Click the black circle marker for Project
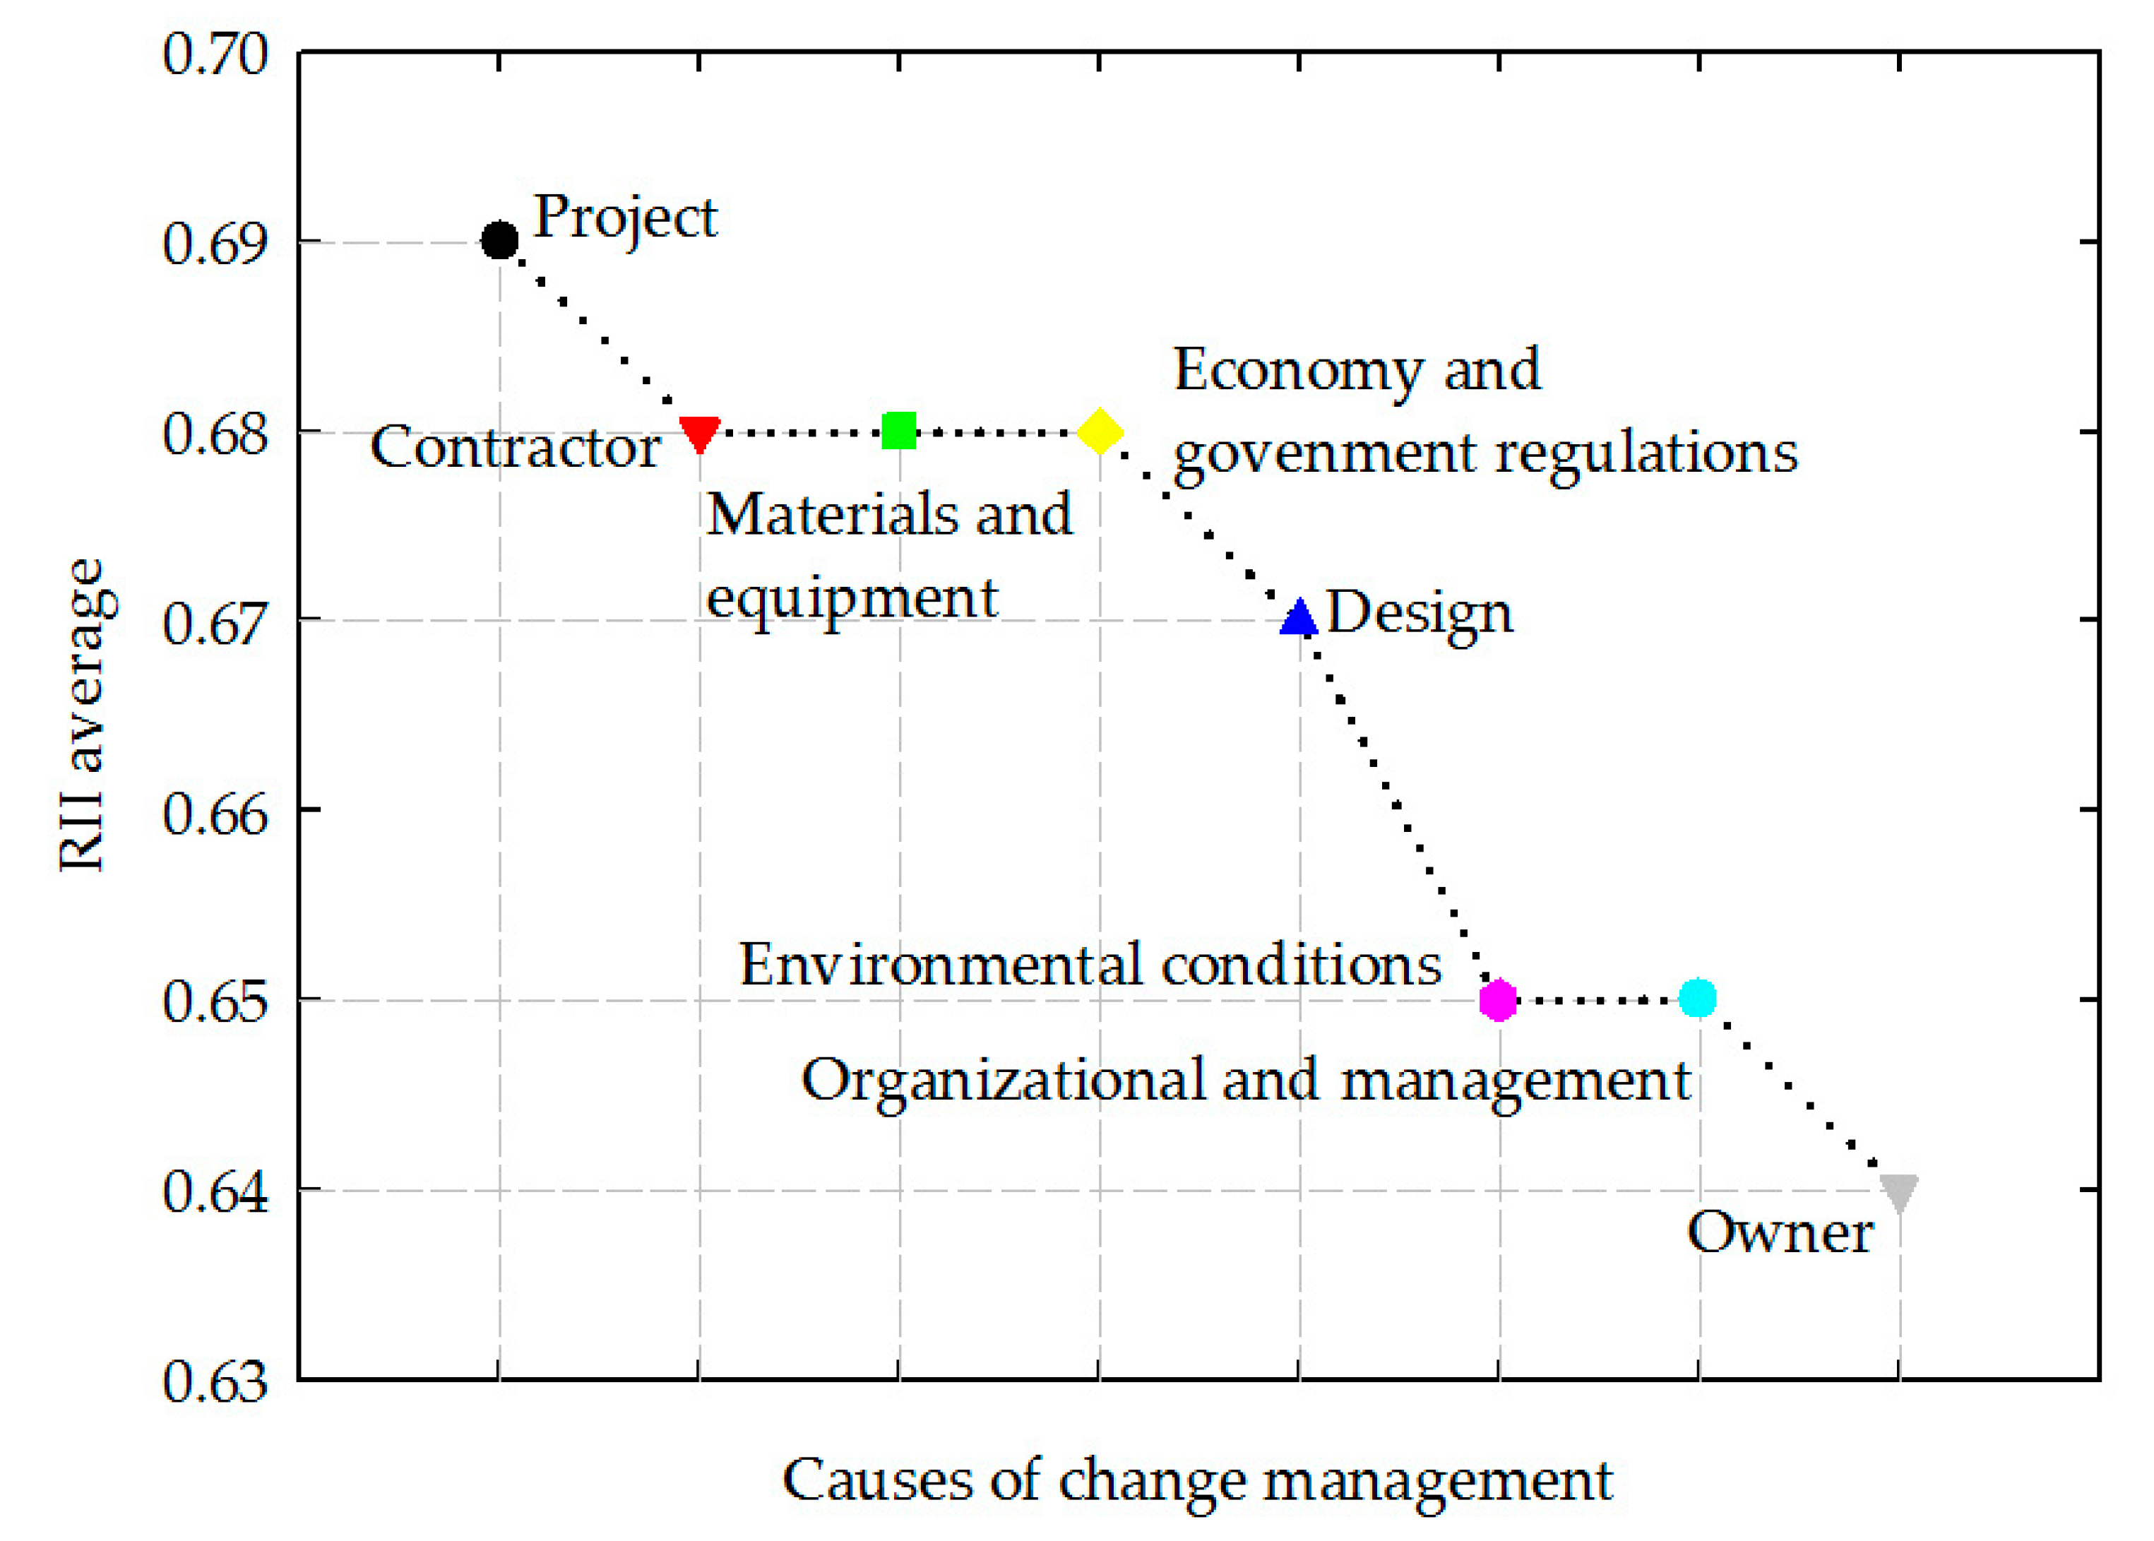499,241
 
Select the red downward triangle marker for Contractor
699,433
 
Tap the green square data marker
898,431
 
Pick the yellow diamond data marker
1100,432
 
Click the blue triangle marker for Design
1299,618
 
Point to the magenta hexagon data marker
1499,1000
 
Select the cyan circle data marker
1698,998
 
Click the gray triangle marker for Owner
1899,1193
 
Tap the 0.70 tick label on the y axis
215,54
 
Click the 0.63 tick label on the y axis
215,1381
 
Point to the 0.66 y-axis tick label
215,813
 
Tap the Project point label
625,218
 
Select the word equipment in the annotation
851,597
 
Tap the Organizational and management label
1246,1080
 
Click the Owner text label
1780,1232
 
